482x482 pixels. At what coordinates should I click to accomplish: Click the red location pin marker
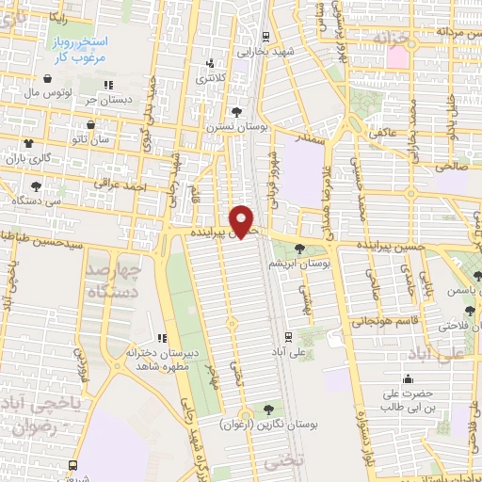(244, 219)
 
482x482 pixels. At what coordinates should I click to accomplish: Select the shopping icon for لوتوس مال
(47, 78)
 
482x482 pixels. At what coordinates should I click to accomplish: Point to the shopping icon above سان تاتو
(90, 123)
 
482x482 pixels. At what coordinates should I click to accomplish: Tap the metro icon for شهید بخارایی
(266, 37)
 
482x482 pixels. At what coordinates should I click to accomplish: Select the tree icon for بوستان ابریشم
(298, 249)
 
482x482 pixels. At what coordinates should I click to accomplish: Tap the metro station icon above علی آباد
(288, 335)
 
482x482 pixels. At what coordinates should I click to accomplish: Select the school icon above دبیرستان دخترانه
(161, 337)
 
